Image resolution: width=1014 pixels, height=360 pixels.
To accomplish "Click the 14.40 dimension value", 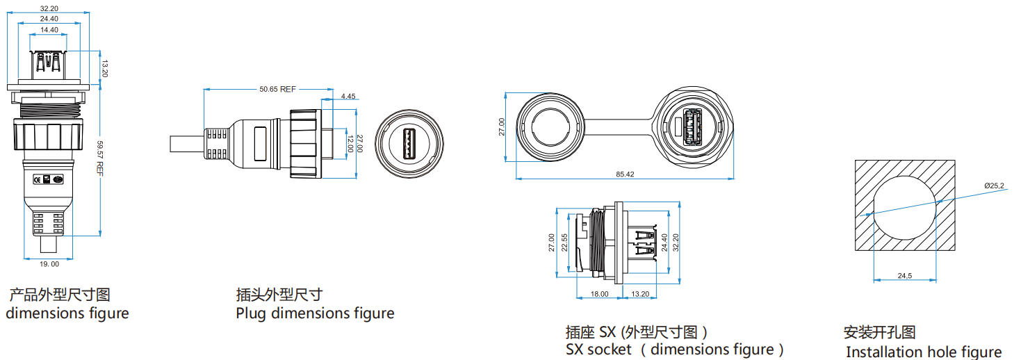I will coord(49,31).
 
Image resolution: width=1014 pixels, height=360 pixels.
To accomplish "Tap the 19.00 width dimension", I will coord(49,264).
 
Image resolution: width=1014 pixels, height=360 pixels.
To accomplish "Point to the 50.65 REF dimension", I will coord(277,89).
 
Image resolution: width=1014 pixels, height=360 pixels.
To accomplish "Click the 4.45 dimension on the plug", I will coord(348,96).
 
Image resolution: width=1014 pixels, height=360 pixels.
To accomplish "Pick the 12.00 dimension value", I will coord(350,144).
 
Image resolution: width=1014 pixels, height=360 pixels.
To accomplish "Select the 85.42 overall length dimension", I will coord(625,174).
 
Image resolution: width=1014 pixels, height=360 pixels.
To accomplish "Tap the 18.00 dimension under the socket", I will coord(599,294).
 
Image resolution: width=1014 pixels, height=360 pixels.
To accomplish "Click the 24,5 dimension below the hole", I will coord(904,276).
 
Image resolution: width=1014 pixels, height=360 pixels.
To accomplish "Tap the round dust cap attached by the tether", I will coord(548,128).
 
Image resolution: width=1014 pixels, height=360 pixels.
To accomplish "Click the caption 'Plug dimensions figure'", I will coord(315,313).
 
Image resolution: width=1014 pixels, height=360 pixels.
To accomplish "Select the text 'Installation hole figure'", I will coord(924,352).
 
